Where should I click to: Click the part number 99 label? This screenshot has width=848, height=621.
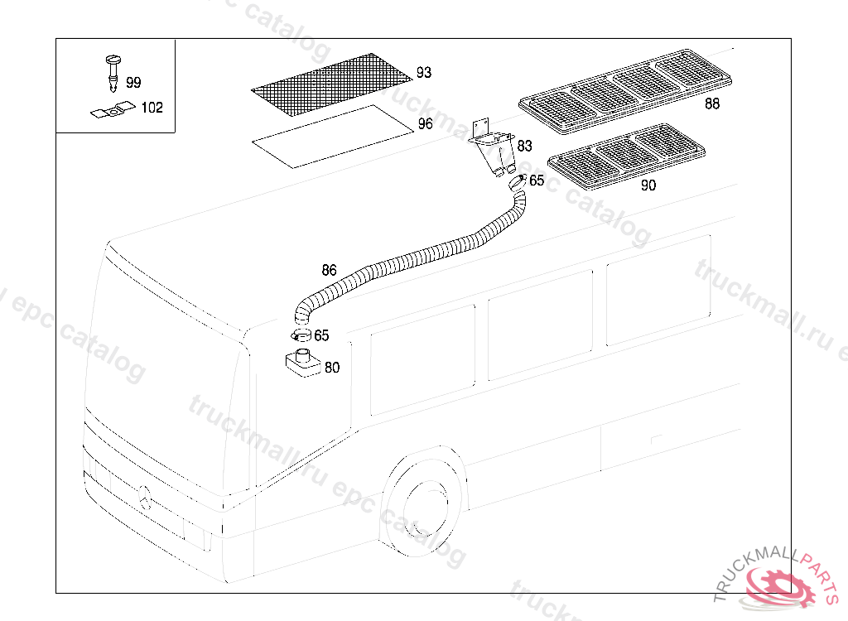pos(133,82)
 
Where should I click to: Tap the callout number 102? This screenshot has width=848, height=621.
pos(152,108)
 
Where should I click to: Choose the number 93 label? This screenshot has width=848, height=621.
pos(424,73)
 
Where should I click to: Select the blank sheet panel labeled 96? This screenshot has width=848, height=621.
pos(331,137)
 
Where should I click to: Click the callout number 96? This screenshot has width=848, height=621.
pos(425,124)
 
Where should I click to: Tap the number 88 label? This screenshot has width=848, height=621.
pos(712,104)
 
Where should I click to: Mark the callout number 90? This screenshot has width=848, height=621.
pos(648,185)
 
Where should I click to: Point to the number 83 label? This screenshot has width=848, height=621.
pos(524,146)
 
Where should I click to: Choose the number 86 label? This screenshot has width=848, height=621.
pos(329,270)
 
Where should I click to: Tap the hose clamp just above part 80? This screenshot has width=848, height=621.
pos(300,335)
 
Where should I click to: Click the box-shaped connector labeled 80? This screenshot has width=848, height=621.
pos(301,364)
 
